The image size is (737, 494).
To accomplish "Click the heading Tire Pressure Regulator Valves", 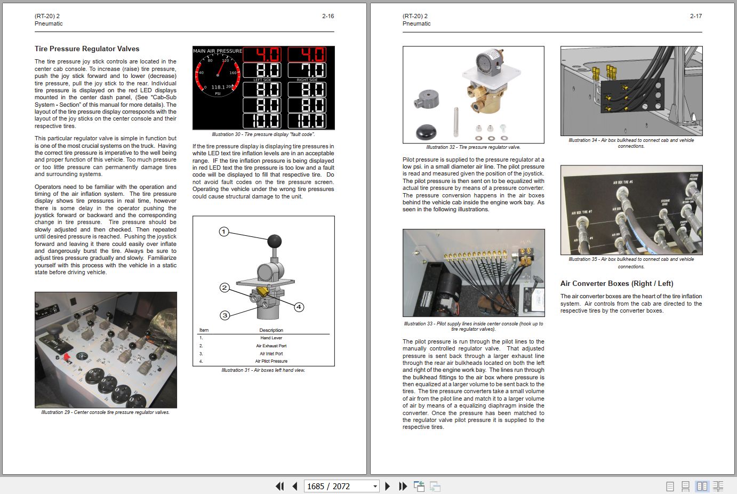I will click(87, 49).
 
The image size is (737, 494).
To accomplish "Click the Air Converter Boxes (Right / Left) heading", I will click(616, 283).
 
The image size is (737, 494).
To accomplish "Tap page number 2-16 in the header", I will click(328, 16).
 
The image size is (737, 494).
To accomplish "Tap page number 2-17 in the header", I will click(695, 16).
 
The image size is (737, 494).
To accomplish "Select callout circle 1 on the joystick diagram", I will click(224, 232).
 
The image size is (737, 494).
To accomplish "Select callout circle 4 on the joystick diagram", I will click(299, 307).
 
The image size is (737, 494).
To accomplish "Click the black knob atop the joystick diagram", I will click(274, 241).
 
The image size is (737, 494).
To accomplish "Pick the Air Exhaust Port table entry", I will click(271, 346).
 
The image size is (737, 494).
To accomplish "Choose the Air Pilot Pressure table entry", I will click(271, 361).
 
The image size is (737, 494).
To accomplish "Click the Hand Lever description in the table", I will click(271, 338).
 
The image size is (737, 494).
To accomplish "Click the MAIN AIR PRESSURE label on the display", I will click(217, 51).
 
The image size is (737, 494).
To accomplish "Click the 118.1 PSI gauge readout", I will click(218, 87).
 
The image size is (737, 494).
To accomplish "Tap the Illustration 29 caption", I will click(106, 412).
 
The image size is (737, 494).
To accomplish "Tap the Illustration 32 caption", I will click(473, 147).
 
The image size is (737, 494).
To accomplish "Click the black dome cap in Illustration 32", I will click(426, 131).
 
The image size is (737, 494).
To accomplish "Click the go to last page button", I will click(403, 486).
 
